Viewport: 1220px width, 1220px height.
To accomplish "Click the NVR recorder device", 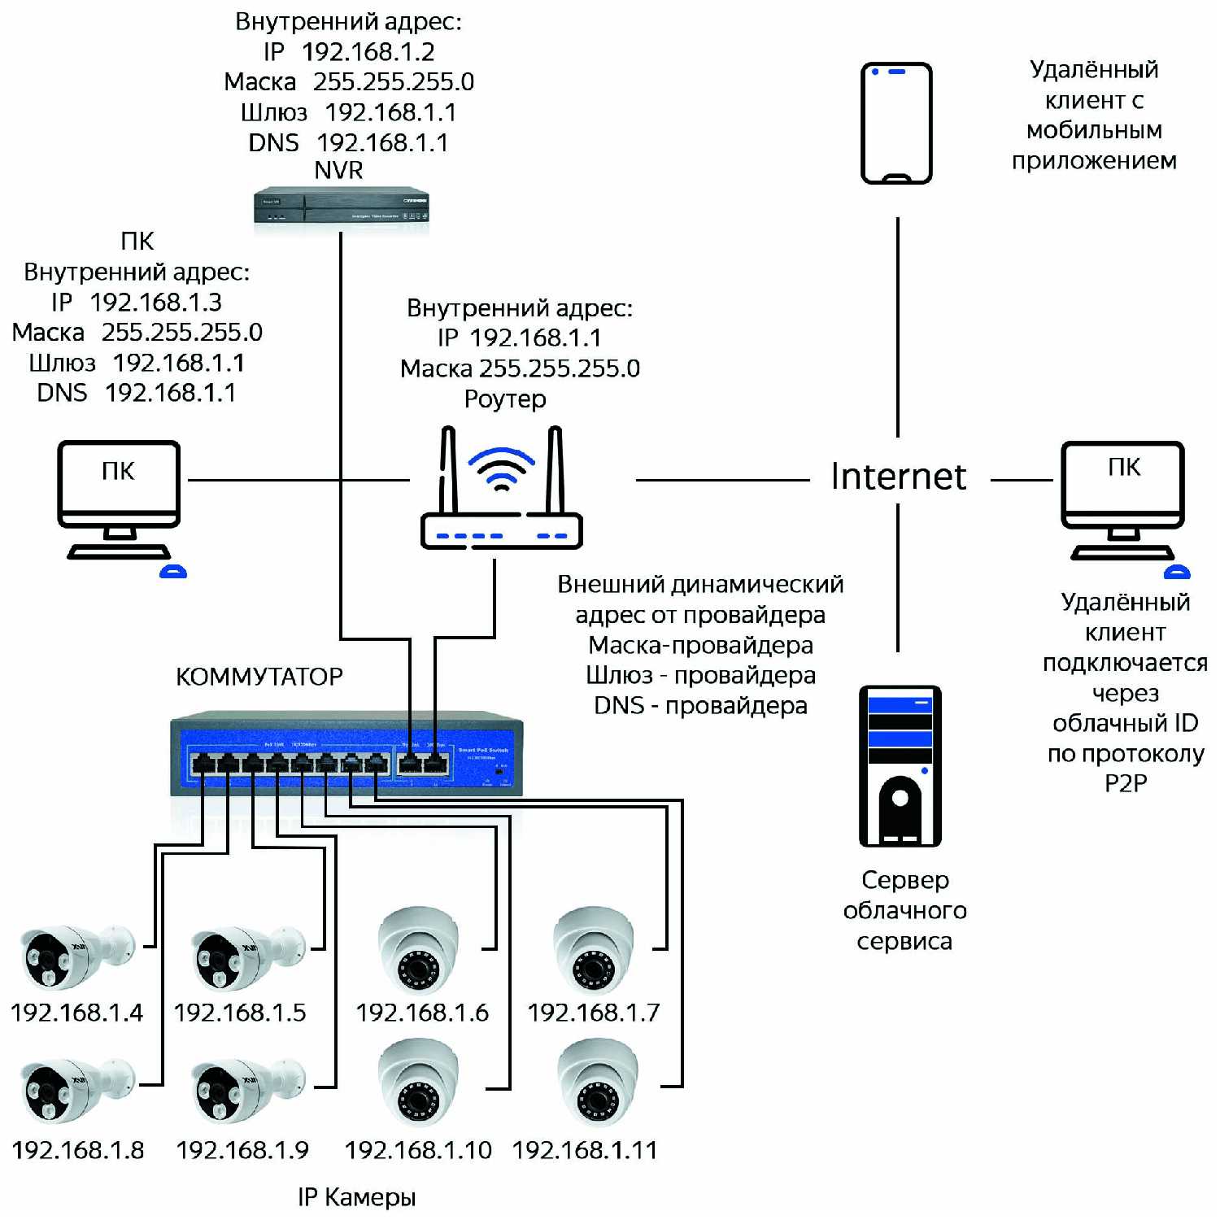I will pos(341,207).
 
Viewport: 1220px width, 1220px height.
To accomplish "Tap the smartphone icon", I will pos(896,123).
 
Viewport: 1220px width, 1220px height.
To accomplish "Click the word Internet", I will pos(898,477).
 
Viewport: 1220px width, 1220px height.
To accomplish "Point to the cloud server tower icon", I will pos(900,765).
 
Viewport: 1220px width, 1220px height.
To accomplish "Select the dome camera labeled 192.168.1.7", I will pos(593,950).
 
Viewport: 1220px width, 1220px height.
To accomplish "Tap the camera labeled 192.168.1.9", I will pos(246,1091).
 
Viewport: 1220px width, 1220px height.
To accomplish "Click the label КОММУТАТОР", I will pos(259,677).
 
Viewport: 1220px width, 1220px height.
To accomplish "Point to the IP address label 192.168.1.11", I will pos(585,1150).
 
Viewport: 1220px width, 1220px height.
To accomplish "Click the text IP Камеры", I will pos(356,1197).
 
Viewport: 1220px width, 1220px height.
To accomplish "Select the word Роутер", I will pos(505,399).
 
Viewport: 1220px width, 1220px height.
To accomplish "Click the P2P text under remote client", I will pos(1126,783).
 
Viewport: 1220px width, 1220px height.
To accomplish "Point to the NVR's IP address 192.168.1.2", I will pos(368,52).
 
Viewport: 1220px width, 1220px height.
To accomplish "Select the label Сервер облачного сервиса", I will pos(904,910).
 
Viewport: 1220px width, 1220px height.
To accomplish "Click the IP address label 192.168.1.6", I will pos(422,1013).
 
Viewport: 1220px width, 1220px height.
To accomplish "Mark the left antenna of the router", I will pos(447,470).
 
